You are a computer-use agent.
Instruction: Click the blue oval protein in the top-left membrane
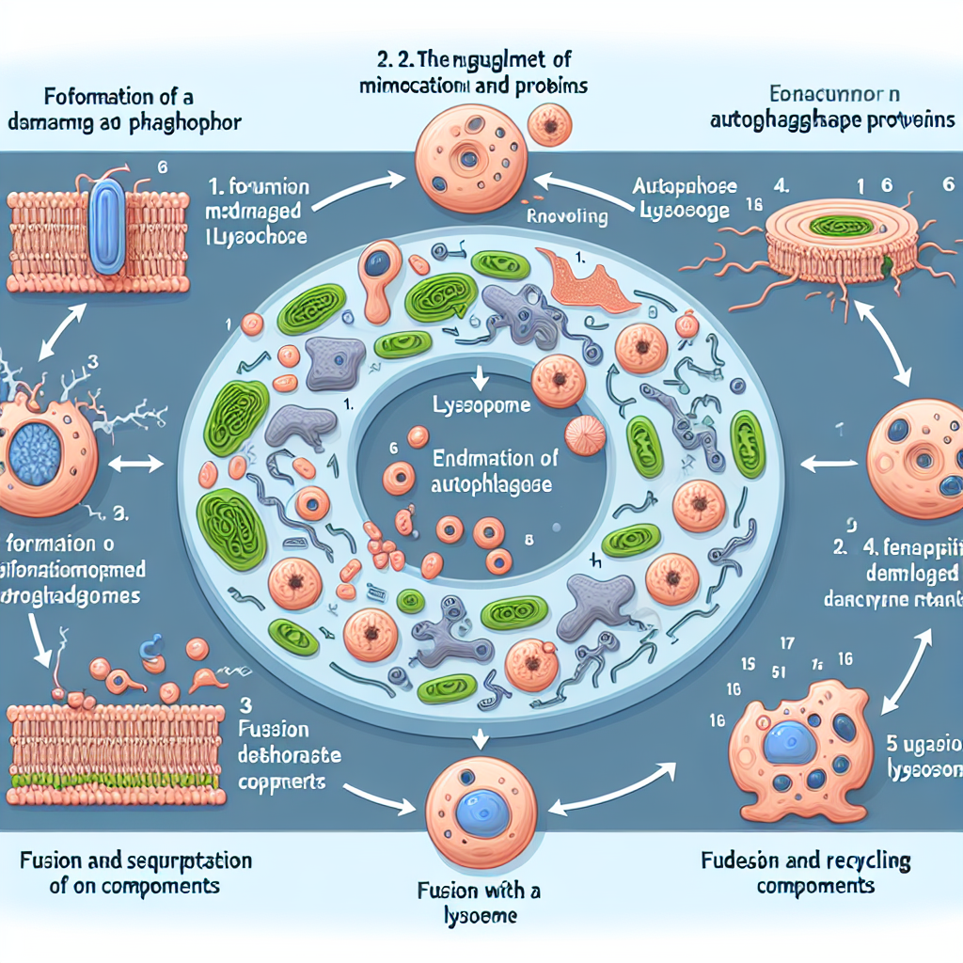click(110, 228)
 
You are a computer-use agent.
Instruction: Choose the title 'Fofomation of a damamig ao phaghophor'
click(124, 110)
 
